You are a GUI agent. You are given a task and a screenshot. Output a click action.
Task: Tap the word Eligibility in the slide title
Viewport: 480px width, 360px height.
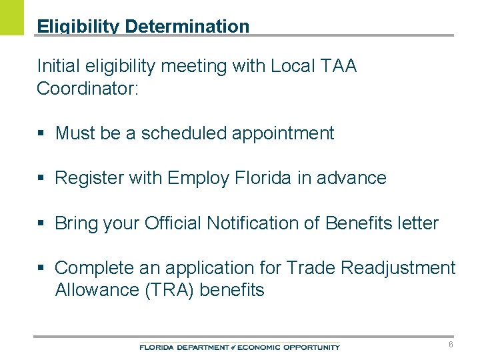pyautogui.click(x=78, y=27)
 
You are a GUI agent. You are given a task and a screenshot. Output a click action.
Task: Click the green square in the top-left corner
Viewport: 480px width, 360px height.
pyautogui.click(x=11, y=17)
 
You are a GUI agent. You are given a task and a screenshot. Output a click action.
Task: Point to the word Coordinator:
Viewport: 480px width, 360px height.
pyautogui.click(x=87, y=89)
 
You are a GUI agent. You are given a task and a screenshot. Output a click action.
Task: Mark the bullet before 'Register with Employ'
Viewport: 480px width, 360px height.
pyautogui.click(x=41, y=179)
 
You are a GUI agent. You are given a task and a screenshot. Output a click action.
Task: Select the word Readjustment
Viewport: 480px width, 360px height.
pyautogui.click(x=398, y=268)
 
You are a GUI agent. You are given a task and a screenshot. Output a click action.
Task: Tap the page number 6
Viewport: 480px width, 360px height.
pyautogui.click(x=451, y=345)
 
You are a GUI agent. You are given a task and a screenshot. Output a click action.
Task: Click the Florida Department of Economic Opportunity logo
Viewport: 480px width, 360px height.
pyautogui.click(x=239, y=347)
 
